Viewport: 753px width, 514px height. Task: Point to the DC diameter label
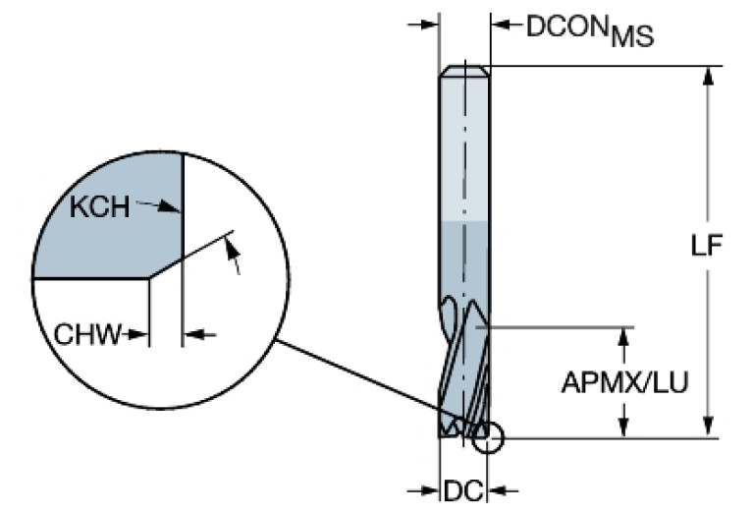pos(463,489)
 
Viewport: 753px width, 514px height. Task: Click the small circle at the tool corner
pos(487,438)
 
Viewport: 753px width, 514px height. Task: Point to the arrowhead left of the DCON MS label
pos(429,25)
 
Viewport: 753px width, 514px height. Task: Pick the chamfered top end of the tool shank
pos(463,72)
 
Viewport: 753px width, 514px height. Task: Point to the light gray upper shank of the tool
pos(463,147)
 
